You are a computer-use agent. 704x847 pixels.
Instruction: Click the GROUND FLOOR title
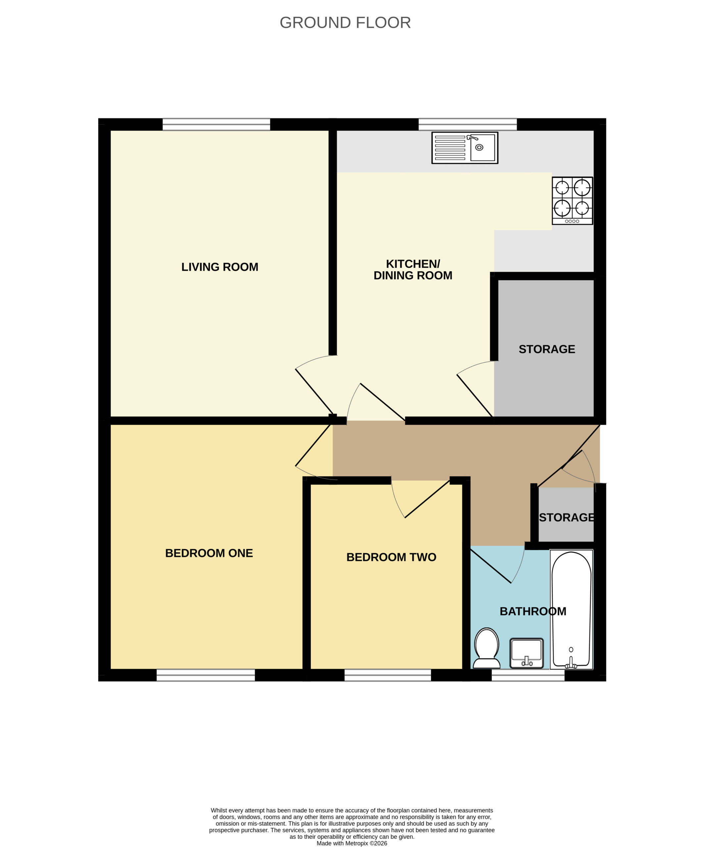(x=345, y=22)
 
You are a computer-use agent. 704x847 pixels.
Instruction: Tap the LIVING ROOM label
(x=220, y=267)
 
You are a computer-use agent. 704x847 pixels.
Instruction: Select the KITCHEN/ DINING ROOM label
(x=413, y=269)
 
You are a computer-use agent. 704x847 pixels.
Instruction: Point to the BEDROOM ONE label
(x=209, y=553)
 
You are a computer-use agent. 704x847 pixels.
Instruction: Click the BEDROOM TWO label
(x=391, y=557)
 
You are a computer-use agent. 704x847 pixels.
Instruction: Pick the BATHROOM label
(x=533, y=611)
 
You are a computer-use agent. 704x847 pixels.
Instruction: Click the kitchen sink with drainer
(x=465, y=148)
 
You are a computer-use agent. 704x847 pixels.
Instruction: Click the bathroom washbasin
(x=527, y=653)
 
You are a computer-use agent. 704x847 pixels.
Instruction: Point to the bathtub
(x=571, y=609)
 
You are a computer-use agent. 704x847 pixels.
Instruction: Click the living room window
(x=216, y=124)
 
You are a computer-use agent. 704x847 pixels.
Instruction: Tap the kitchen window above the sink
(x=468, y=124)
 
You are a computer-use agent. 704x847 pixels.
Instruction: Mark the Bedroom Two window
(x=387, y=675)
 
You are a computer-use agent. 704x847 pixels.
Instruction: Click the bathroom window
(x=528, y=675)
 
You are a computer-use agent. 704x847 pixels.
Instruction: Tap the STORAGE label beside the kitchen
(x=547, y=349)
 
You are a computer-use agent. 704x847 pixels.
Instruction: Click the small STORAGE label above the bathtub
(x=566, y=517)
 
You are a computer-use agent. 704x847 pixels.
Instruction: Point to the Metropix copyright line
(x=352, y=843)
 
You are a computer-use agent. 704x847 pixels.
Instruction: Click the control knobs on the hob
(x=572, y=221)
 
